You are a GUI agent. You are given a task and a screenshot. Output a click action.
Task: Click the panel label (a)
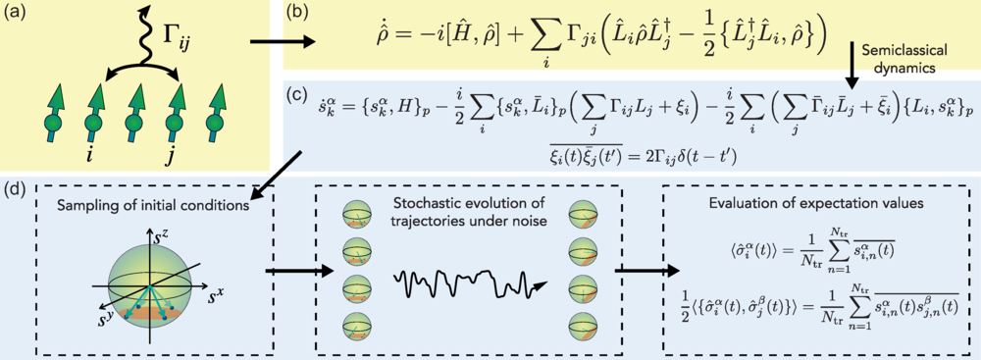17,16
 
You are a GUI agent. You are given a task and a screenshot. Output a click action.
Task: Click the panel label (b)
294,16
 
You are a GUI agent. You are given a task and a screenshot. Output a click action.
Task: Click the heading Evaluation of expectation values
819,205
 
